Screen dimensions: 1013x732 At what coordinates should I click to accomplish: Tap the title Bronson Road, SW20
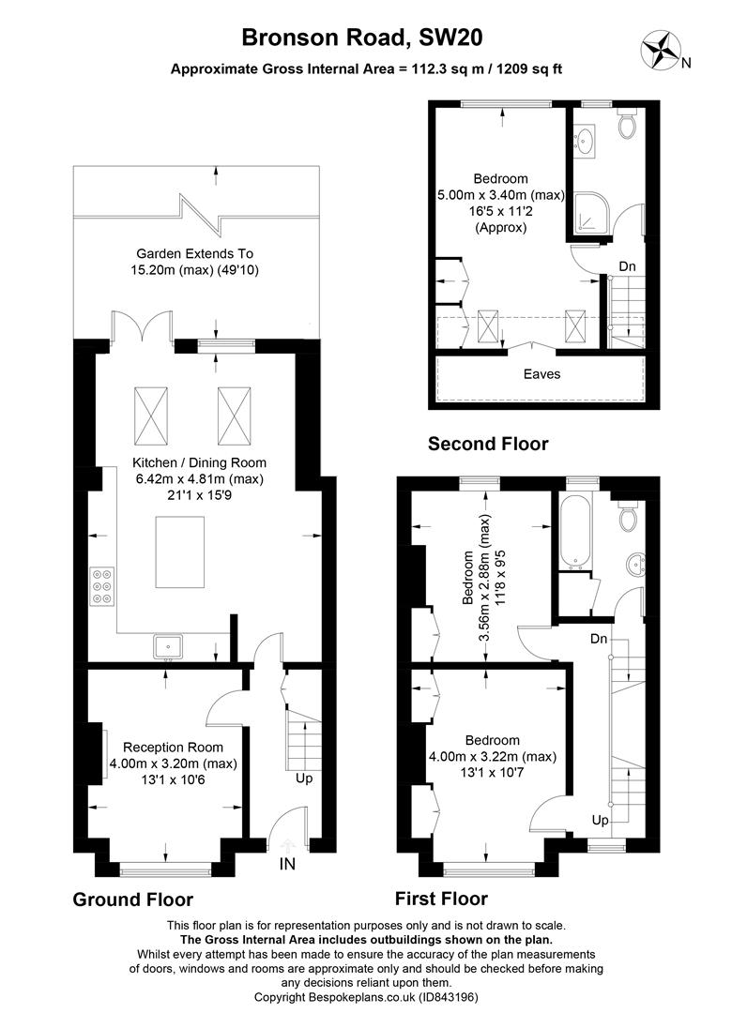(365, 37)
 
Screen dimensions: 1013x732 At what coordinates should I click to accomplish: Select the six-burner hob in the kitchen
(102, 587)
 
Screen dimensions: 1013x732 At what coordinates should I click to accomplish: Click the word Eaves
(541, 373)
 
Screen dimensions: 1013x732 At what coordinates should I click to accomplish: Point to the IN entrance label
(287, 864)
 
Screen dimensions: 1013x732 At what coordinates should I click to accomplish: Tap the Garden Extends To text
(195, 253)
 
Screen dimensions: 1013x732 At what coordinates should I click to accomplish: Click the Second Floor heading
(488, 444)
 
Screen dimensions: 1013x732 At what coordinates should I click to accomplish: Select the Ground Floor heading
(133, 900)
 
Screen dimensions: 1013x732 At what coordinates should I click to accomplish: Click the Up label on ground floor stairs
(304, 778)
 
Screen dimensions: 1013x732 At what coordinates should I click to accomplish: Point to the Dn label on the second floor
(627, 266)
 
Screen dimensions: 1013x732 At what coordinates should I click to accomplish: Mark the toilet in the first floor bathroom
(629, 514)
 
